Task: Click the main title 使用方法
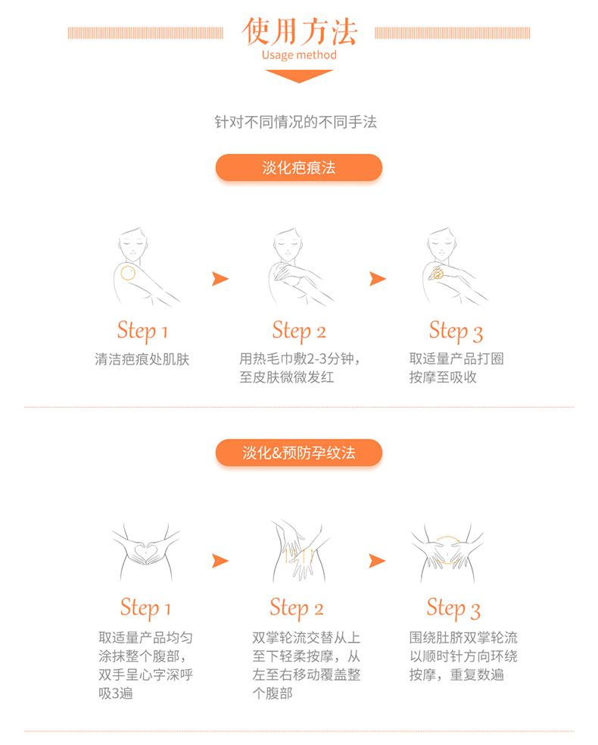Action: coord(299,32)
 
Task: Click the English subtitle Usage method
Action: coord(299,55)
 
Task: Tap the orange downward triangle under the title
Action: coord(299,76)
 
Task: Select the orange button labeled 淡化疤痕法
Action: coord(299,167)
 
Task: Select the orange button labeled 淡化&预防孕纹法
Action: coord(299,452)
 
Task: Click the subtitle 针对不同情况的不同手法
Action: coord(296,122)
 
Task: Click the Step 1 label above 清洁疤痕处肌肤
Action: coord(142,331)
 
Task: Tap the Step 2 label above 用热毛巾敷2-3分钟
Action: coord(299,331)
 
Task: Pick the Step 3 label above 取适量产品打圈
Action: coord(456,331)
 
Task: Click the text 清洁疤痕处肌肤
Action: coord(142,359)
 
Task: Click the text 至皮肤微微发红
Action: coord(287,377)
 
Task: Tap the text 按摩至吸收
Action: coord(443,377)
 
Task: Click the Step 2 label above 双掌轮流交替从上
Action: coord(297,608)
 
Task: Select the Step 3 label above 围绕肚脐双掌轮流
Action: coord(453,608)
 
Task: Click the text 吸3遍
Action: coord(116,693)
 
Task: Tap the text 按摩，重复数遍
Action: coord(456,675)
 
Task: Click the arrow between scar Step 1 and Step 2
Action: coord(220,279)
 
